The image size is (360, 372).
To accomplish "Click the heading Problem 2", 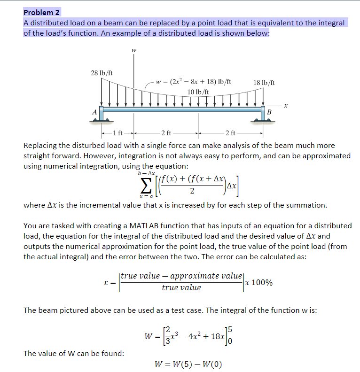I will click(x=42, y=13).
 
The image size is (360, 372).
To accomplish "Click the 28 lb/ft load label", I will click(x=102, y=73).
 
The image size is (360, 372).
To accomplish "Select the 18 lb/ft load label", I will click(x=264, y=83).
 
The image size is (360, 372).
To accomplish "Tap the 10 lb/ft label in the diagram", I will click(x=198, y=91).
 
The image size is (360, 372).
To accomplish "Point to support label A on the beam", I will click(x=94, y=112).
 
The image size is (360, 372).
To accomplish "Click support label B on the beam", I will click(x=269, y=112).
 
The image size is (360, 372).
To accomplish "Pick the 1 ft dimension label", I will click(x=118, y=132).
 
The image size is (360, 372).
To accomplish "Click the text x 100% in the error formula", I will click(x=259, y=282).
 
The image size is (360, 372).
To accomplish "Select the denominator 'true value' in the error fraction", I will click(x=181, y=288).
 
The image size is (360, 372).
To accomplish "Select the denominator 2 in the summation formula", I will click(x=192, y=191).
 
